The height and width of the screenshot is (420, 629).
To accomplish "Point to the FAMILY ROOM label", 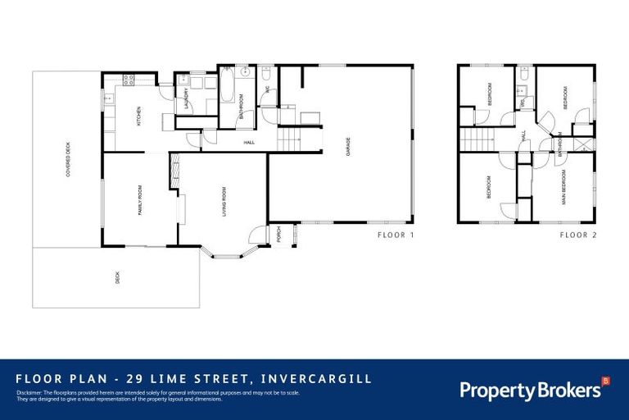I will coord(139,199).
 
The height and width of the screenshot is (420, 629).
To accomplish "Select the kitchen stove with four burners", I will coord(129,80).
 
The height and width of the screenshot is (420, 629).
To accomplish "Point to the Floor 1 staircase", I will coord(290,138).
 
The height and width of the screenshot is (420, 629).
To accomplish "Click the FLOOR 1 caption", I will coord(396,235).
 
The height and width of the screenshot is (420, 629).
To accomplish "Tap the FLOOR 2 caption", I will coord(579,235).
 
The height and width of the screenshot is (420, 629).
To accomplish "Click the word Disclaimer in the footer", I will coord(29,392).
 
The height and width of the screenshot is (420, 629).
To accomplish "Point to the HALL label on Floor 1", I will coord(248,143).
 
